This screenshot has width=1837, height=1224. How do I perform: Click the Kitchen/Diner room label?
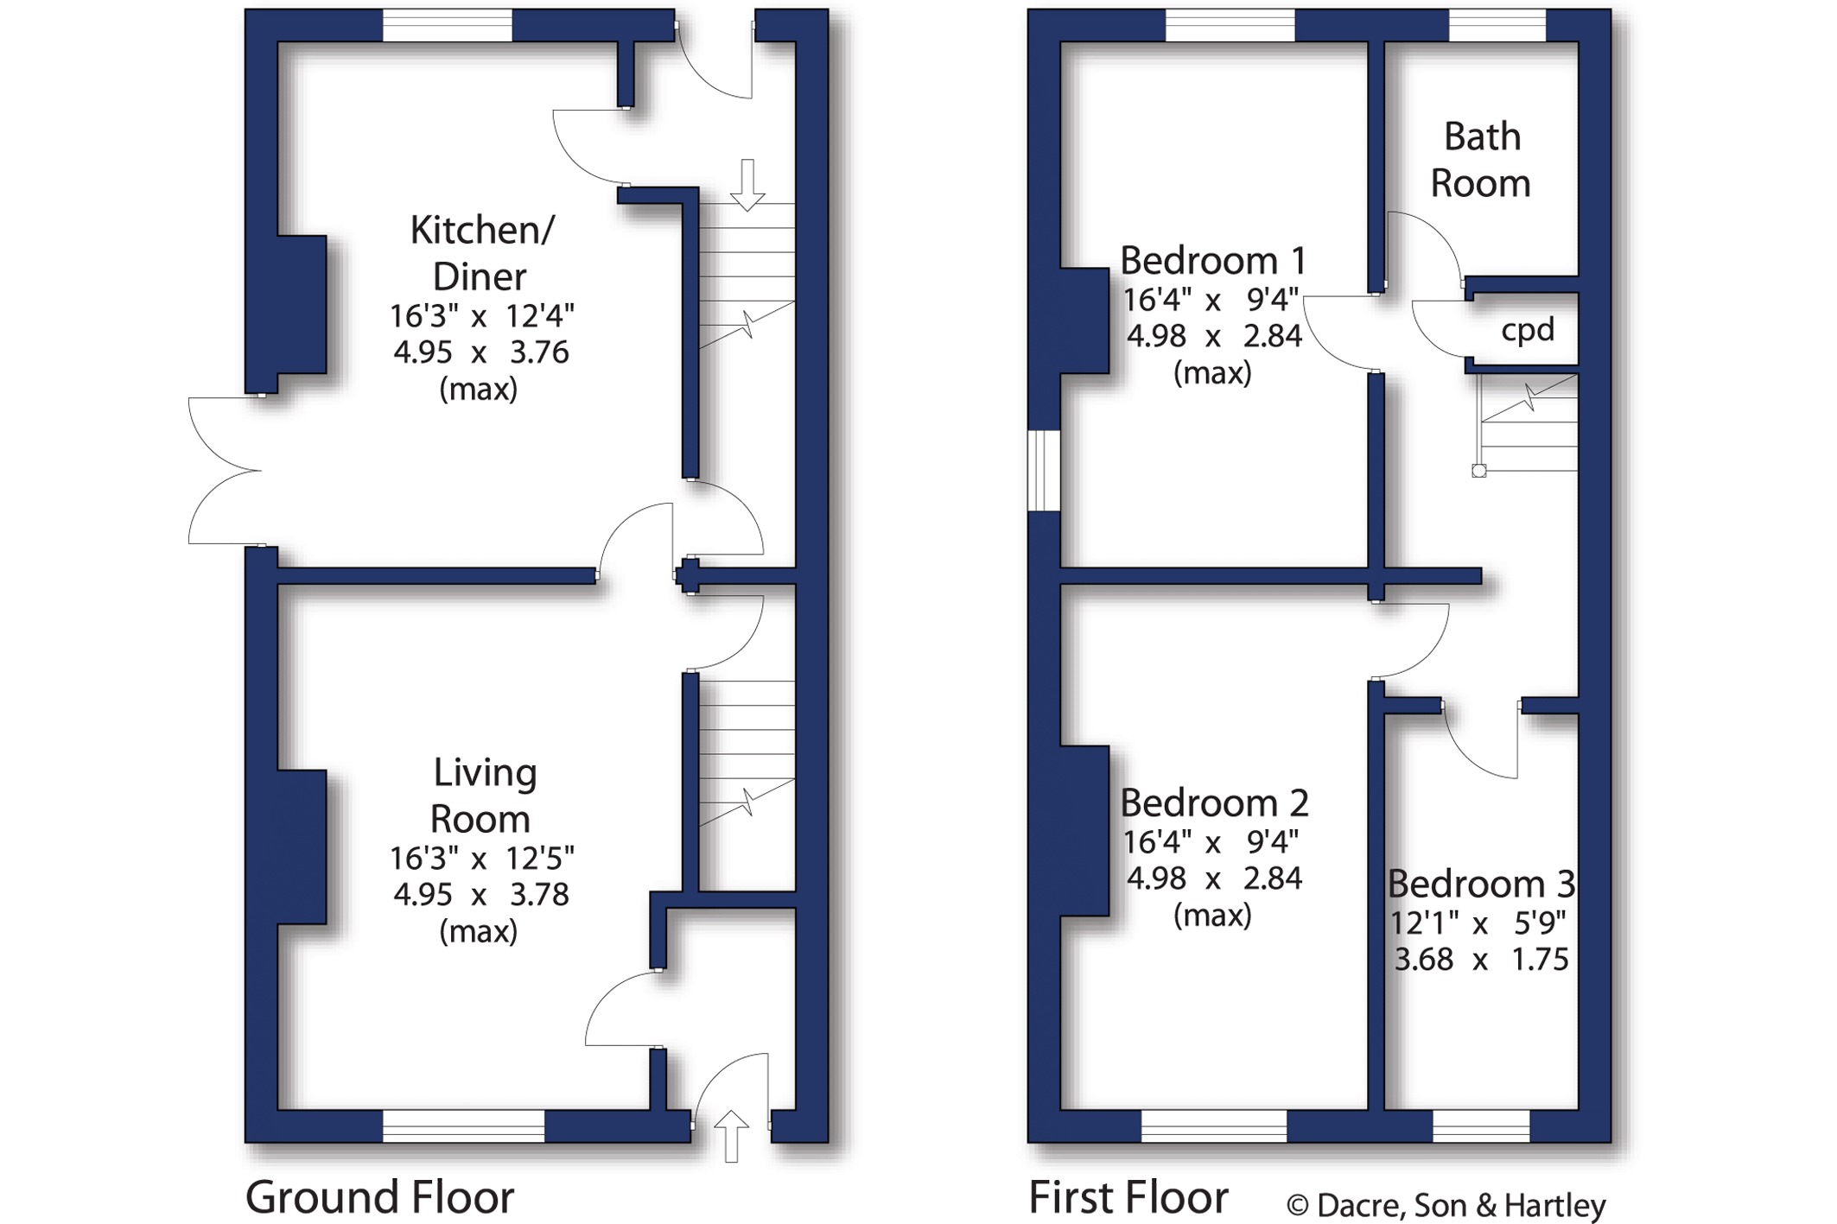pos(481,253)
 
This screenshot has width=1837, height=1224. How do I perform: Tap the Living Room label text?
pos(482,795)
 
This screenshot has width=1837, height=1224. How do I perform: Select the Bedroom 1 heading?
pos(1213,260)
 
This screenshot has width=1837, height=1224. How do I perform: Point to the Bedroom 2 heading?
pos(1214,802)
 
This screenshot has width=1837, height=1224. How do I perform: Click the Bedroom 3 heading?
pos(1481,884)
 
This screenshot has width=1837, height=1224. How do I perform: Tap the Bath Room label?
pos(1481,160)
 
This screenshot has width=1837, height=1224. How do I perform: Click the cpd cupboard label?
pos(1528,330)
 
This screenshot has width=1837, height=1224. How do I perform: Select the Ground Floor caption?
pos(379,1196)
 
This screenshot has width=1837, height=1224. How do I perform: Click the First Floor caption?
pos(1128,1196)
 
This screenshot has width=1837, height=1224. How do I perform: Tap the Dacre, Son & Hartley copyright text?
pos(1446,1205)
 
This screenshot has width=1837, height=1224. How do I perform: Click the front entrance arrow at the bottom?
pos(731,1136)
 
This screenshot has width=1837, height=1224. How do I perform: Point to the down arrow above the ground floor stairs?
pos(747,185)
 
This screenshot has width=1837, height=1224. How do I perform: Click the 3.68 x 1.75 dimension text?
pos(1481,960)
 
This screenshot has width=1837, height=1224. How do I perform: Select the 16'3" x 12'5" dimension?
pos(481,859)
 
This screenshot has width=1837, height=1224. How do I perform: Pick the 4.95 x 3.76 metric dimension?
pos(481,352)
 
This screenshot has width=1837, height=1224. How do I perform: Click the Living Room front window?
pos(463,1126)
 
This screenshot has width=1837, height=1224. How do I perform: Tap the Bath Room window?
pos(1497,25)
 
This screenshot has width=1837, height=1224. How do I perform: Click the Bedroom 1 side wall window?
pos(1044,471)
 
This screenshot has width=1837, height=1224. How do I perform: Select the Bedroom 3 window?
pos(1481,1126)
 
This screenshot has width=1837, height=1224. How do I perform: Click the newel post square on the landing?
pos(1479,471)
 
